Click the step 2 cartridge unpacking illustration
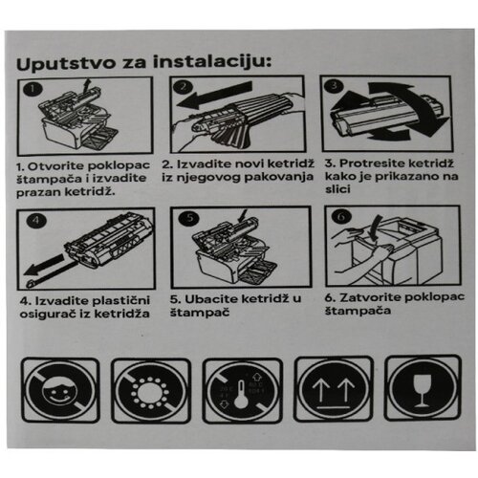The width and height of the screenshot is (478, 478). pos(238,114)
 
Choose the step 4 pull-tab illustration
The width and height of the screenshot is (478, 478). pos(85,253)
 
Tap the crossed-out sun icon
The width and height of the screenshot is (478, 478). pos(150,390)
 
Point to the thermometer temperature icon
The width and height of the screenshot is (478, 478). pos(243,390)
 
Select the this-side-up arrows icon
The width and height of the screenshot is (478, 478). pos(335,388)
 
